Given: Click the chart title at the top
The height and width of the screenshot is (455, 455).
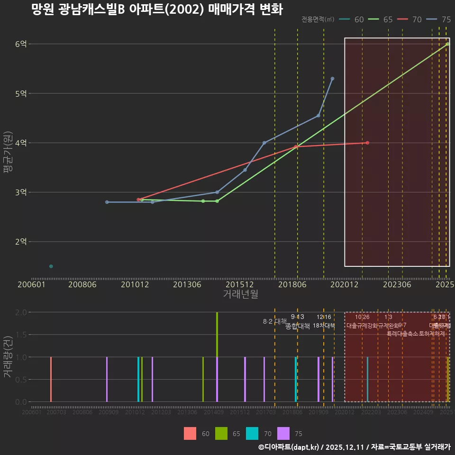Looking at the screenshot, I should coord(156,9).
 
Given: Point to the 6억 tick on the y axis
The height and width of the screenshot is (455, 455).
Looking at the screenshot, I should coord(21,44).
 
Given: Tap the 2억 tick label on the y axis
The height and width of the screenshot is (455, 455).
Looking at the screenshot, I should coord(21,242).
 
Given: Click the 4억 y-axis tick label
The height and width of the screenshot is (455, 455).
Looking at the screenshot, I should coord(21,143).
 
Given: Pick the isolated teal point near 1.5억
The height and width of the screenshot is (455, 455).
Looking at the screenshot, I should coord(51,266).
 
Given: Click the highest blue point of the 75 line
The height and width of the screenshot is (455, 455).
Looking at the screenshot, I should coord(332,79).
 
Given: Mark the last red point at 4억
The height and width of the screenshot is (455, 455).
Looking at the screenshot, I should coord(367,143).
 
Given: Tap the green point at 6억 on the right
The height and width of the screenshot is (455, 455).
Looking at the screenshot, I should coord(447,44).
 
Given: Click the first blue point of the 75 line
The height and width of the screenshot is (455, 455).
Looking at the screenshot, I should coord(107,202).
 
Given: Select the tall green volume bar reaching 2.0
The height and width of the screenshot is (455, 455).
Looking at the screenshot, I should coord(217,334).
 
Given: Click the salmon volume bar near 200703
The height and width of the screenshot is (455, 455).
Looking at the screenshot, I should coord(51,379).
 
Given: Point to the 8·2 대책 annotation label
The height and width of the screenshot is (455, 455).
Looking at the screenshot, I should coord(275,321).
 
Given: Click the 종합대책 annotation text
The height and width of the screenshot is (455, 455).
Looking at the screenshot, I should coord(298,326).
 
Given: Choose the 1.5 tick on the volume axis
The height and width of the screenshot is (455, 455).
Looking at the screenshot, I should coord(20,335).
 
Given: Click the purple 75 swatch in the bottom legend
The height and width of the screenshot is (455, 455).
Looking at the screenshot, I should coord(283,433).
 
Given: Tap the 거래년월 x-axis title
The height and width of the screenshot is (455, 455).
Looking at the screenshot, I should coord(240,294).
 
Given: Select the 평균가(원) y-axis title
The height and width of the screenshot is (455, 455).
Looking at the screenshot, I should coord(8,156).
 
